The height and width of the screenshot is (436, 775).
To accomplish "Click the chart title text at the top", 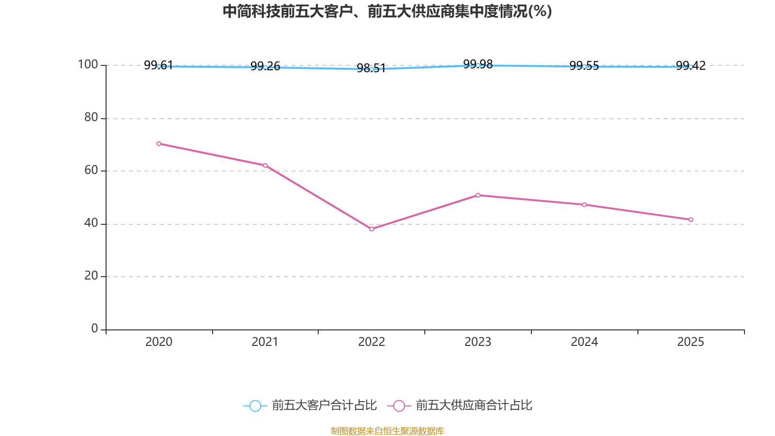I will tap(387, 11).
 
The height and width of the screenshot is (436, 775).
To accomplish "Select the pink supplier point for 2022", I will tap(372, 229).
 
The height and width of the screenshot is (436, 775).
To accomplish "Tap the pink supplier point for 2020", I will tap(159, 143).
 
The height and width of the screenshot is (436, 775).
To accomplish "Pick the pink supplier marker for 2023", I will tap(478, 195).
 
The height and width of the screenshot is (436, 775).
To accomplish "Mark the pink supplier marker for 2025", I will tap(691, 219).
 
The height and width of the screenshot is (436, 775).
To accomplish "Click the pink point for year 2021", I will tap(265, 165).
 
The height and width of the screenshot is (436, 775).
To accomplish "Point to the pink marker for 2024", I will tap(584, 204).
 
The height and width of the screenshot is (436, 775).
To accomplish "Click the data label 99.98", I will tap(478, 64).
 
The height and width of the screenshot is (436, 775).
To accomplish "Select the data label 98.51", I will tap(371, 68).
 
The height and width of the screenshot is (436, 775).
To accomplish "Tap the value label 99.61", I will tap(158, 65).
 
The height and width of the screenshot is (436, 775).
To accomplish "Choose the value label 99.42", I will tap(691, 65).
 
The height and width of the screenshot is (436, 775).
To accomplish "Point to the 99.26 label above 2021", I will tap(265, 66).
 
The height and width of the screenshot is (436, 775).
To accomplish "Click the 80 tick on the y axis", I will tap(91, 117).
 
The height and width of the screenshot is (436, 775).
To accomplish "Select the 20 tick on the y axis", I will tap(91, 276).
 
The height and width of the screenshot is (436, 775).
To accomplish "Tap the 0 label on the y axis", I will tap(95, 328).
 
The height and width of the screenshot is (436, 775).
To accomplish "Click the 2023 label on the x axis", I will tap(478, 342).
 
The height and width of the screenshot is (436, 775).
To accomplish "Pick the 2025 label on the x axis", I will tap(690, 342).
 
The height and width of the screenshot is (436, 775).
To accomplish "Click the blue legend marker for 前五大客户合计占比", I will tap(255, 405).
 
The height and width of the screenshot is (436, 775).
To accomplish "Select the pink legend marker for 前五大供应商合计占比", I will tap(399, 405).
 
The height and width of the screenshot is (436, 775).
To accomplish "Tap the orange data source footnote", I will tap(387, 431).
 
